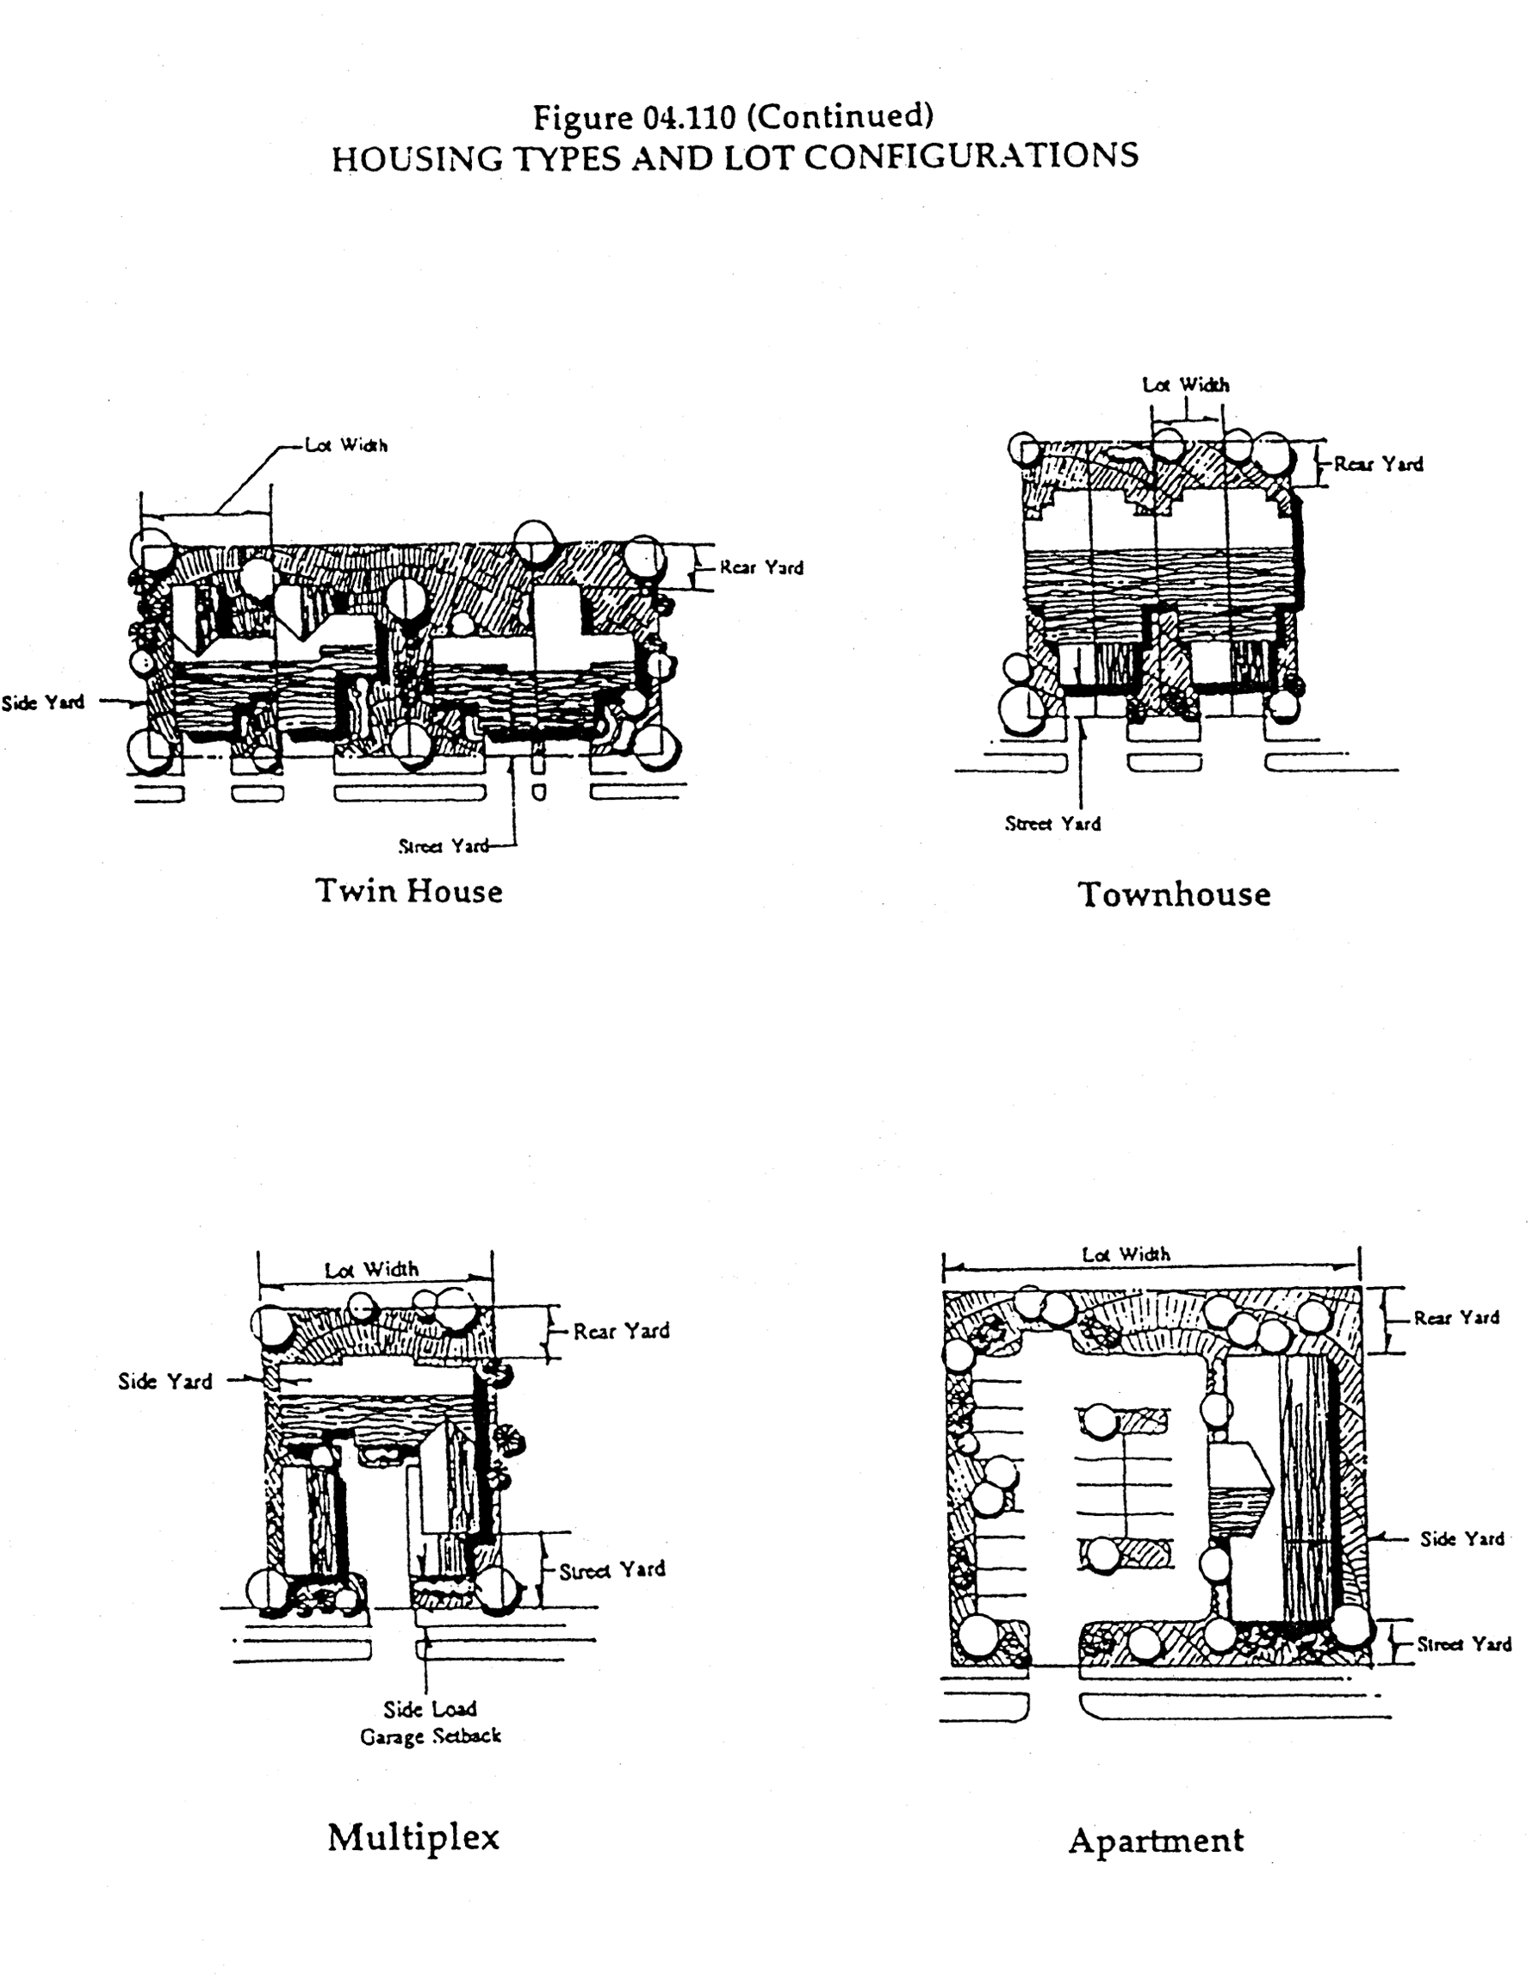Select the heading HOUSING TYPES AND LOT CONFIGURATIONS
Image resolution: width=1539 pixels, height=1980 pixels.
[x=735, y=157]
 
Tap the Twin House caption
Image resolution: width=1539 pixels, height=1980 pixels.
[x=409, y=890]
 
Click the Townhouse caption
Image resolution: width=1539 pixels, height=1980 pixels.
[x=1175, y=894]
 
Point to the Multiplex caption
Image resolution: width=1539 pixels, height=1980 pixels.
[x=413, y=1838]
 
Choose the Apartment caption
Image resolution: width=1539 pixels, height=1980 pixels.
[x=1157, y=1841]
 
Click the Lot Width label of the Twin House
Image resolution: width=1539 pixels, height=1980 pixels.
[x=346, y=445]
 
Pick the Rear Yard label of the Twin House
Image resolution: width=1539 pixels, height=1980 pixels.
[x=762, y=567]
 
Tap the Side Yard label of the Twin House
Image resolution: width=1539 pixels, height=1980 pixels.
[x=42, y=702]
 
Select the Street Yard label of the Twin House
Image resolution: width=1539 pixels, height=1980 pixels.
[x=444, y=846]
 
